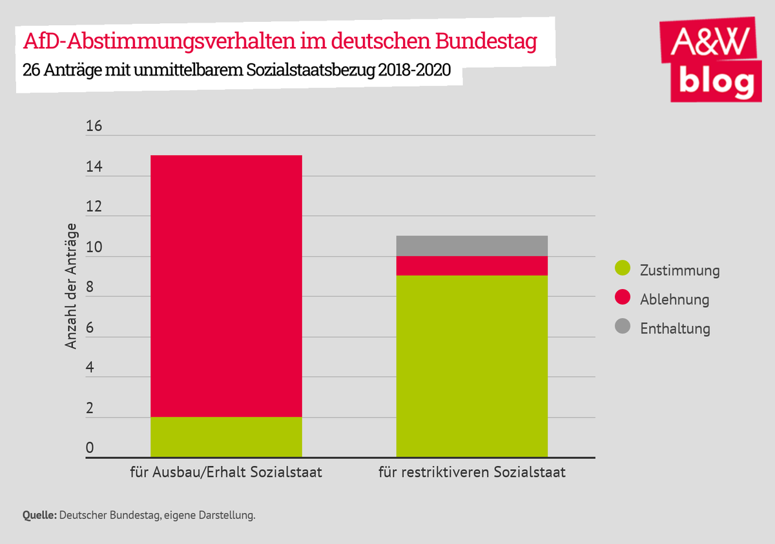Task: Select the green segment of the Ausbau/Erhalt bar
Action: pos(226,438)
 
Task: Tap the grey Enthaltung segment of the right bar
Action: pos(471,246)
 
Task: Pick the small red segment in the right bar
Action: pos(471,266)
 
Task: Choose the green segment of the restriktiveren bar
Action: pos(471,367)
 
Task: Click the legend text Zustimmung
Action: pos(679,270)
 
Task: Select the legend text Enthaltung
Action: pos(675,328)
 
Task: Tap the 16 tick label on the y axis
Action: pos(94,126)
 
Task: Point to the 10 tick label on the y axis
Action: pos(94,248)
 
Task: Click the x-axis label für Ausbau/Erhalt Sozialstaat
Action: pos(226,472)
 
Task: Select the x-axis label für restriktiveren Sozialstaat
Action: pos(471,472)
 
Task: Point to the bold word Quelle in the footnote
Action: pos(39,516)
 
